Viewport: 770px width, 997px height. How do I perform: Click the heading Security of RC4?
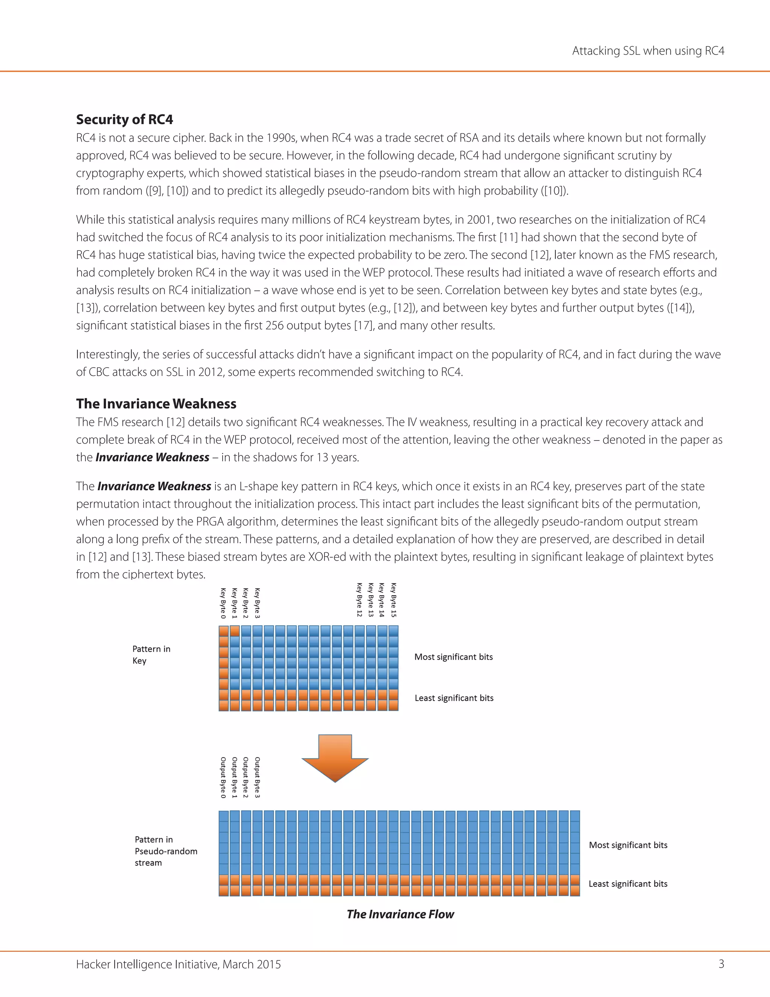124,120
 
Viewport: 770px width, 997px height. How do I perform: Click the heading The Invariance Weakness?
156,404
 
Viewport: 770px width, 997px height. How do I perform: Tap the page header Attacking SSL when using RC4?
648,51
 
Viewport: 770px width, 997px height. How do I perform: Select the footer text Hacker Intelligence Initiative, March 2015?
178,964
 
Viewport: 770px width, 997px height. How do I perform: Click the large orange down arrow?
335,757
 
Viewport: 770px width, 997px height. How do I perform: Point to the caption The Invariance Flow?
400,914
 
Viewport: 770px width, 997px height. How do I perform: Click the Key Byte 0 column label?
223,603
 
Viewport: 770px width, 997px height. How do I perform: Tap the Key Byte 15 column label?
394,600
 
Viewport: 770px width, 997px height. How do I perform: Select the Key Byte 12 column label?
359,600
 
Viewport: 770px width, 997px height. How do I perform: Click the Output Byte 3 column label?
257,777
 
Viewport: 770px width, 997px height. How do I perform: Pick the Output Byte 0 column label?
223,777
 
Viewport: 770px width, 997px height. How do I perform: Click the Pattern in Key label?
151,655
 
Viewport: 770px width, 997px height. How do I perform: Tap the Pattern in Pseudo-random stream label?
165,851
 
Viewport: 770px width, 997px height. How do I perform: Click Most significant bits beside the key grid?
453,657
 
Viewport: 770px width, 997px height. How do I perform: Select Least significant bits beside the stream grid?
628,884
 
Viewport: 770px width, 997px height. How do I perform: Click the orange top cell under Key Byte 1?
235,631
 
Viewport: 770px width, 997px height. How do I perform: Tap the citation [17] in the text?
364,325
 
